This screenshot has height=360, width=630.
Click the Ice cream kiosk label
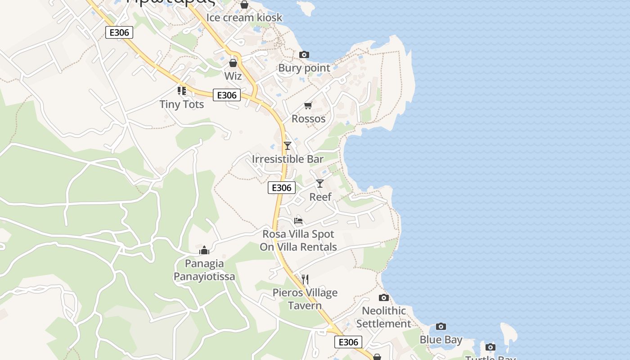pos(244,18)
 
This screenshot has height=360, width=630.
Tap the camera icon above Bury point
pos(304,55)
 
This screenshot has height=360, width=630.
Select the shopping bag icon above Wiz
pos(233,63)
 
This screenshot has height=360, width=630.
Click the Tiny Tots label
pos(182,104)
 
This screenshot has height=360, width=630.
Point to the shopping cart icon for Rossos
pos(308,106)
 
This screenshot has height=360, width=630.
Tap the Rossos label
pos(308,119)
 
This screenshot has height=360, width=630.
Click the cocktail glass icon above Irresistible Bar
pos(288,146)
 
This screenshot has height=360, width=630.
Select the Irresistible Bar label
pos(288,159)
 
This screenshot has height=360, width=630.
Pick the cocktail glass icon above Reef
pos(320,184)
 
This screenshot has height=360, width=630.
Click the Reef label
pos(320,197)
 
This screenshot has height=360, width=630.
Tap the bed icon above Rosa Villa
pos(298,221)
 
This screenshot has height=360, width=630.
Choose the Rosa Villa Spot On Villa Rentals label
pos(298,241)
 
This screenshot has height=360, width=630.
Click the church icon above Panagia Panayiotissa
pos(204,250)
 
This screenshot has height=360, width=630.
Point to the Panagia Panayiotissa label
pos(204,270)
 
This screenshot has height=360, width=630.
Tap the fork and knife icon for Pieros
pos(305,279)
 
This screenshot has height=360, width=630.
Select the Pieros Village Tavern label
pos(305,299)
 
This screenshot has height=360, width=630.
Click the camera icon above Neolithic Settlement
pos(384,297)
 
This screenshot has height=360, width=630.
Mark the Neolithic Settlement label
pos(384,317)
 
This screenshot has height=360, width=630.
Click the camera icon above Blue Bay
pos(441,327)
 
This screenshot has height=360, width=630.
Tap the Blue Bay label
pos(441,340)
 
